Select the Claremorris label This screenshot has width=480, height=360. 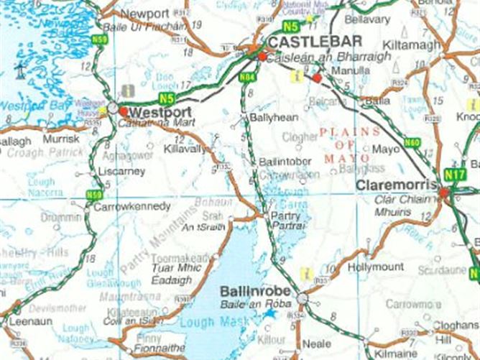point(397,184)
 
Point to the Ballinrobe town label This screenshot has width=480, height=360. point(256,292)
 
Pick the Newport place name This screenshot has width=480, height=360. point(144,14)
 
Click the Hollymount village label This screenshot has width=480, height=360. point(376,267)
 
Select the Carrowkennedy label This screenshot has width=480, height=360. point(129,207)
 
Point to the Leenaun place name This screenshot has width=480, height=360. point(31,322)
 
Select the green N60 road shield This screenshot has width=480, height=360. point(412,142)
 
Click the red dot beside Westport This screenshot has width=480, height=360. point(124,112)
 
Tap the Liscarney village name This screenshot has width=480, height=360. point(124,172)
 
